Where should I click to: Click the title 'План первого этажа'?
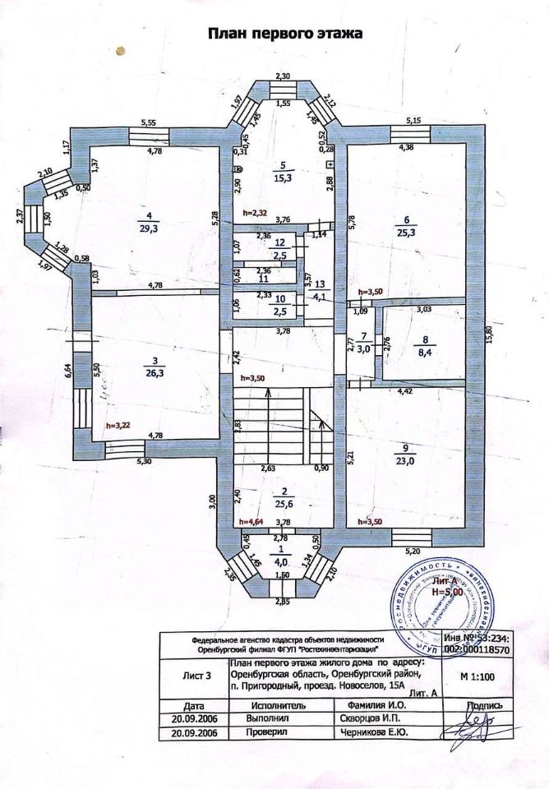[x=284, y=34]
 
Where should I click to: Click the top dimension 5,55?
[x=149, y=122]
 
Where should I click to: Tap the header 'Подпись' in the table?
[x=482, y=704]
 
